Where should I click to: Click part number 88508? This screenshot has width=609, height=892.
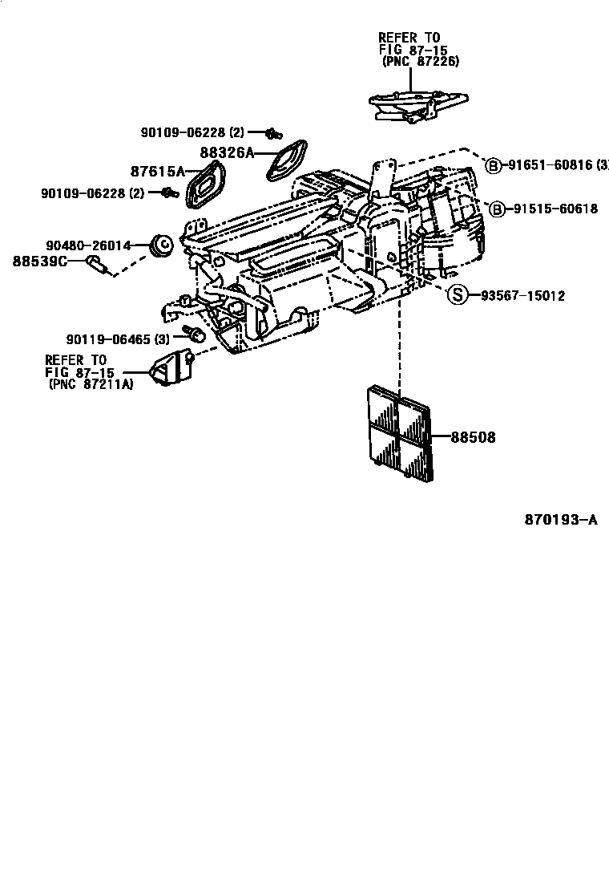[473, 438]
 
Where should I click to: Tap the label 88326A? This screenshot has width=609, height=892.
[226, 152]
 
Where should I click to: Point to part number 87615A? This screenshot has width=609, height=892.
[157, 171]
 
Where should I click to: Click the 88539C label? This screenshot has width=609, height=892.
[39, 261]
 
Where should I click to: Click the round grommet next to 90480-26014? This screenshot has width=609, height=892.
[163, 242]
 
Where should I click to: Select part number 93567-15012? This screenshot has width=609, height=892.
[522, 296]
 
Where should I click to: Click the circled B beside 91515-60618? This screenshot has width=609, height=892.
[496, 209]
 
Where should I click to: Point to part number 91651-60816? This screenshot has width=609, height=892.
[551, 166]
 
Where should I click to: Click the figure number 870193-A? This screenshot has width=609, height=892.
[561, 520]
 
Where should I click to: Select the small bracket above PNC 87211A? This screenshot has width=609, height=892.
[171, 366]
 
